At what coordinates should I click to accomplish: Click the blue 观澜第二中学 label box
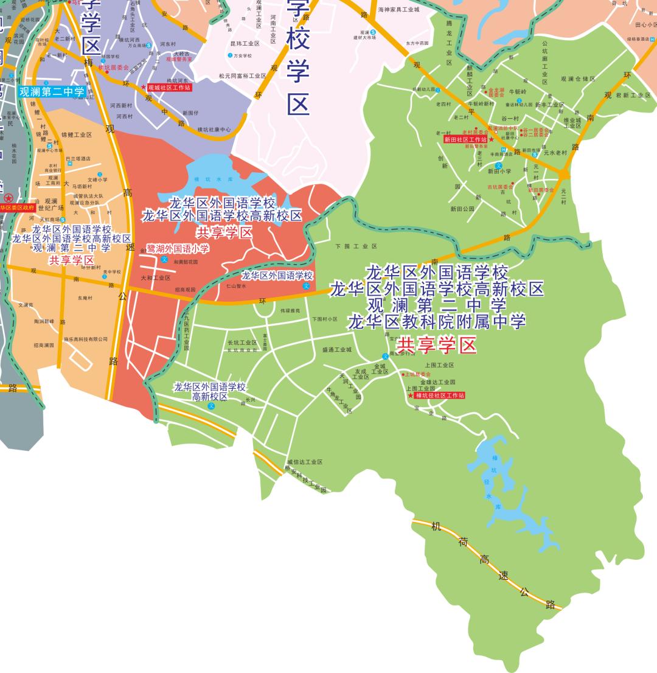pos(52,92)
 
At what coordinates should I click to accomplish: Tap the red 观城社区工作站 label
pos(169,88)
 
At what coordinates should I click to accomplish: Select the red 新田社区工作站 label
pos(465,139)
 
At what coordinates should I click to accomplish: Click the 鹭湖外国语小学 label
pos(178,248)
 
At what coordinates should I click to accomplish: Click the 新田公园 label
pos(462,209)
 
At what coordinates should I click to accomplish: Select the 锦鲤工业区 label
pos(76,134)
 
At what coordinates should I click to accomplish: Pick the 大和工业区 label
pos(156,278)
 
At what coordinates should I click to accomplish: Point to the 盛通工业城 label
pos(337,350)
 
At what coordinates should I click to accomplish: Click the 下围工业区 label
pos(356,246)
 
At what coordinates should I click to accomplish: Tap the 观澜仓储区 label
pos(578,78)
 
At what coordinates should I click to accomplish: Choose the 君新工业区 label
pos(633,96)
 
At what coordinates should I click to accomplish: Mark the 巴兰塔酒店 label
pos(78,158)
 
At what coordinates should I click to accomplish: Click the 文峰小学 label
pos(97,180)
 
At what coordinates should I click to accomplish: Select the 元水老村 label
pos(555,153)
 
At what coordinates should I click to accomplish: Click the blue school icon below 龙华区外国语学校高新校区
pos(212,406)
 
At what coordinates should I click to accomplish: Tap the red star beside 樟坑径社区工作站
pos(411,396)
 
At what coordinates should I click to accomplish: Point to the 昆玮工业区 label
pos(245,44)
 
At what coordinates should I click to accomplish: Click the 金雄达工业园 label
pos(438,382)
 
